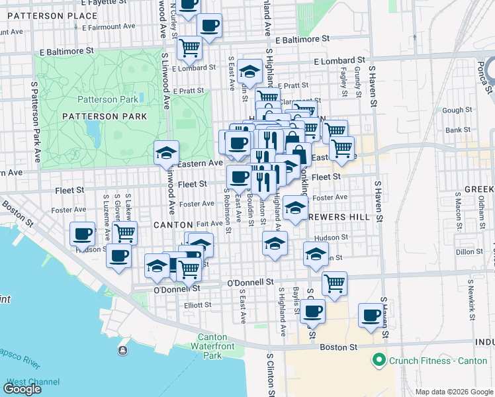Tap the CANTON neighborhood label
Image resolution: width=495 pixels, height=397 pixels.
point(173,225)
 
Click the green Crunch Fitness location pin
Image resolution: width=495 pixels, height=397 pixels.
point(379,361)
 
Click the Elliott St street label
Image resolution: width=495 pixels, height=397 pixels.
point(197,305)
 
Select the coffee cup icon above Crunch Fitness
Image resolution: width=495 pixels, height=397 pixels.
point(371,315)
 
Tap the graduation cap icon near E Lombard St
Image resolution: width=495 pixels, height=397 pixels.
point(249,70)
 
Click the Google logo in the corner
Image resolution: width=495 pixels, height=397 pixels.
point(22,389)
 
